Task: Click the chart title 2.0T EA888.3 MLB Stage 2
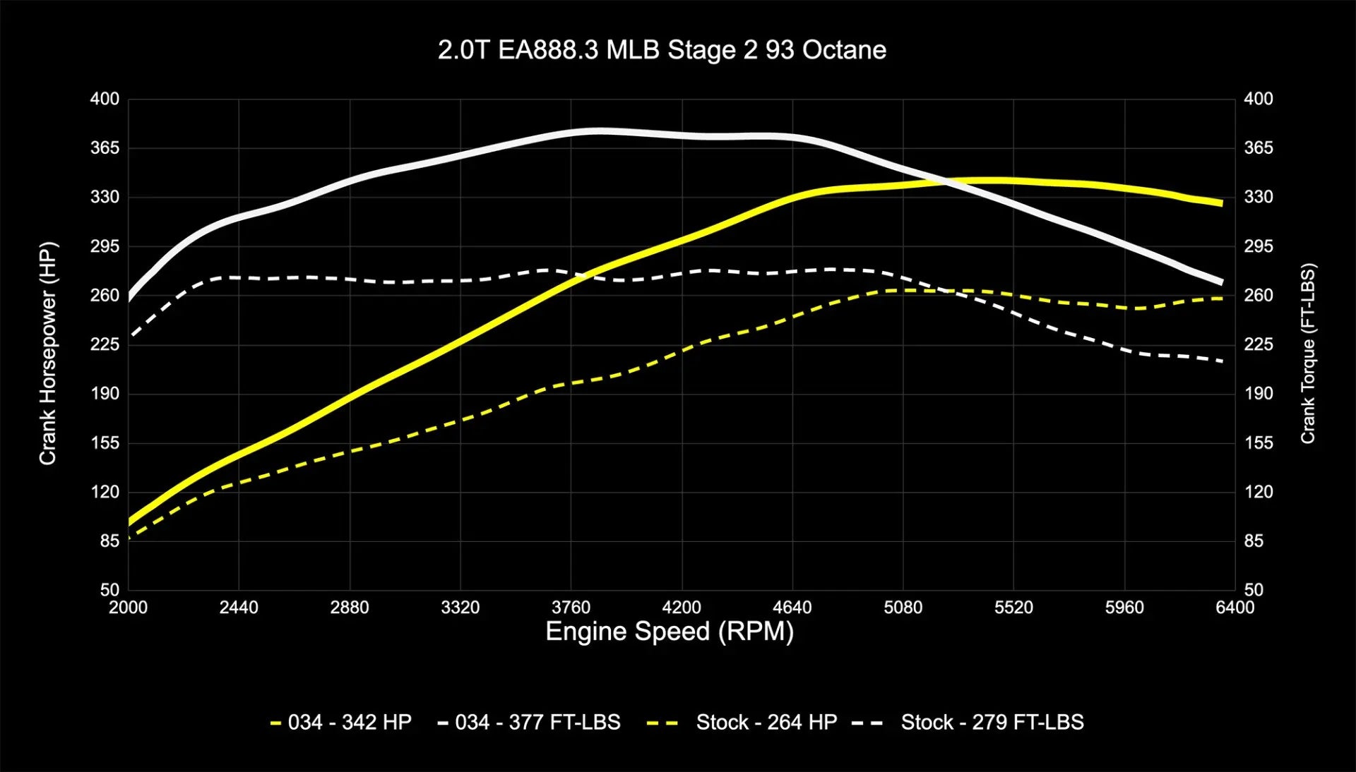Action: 662,50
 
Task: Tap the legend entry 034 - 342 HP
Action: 341,723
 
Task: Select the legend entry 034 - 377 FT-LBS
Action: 529,723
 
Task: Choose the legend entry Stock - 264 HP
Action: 742,723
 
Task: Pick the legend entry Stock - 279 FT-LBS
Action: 968,723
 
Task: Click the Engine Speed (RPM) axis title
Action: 670,631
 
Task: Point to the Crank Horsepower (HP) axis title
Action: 47,354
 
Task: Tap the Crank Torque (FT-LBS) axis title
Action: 1308,354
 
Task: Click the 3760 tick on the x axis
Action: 571,608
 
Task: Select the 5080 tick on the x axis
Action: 903,608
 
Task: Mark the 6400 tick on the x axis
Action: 1235,608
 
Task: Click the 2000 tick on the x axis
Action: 128,608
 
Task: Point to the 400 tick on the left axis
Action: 105,99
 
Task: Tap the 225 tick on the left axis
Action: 105,344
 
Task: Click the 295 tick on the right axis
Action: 1259,246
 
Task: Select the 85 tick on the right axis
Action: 1254,541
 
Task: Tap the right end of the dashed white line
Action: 1222,361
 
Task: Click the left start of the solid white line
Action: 129,298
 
